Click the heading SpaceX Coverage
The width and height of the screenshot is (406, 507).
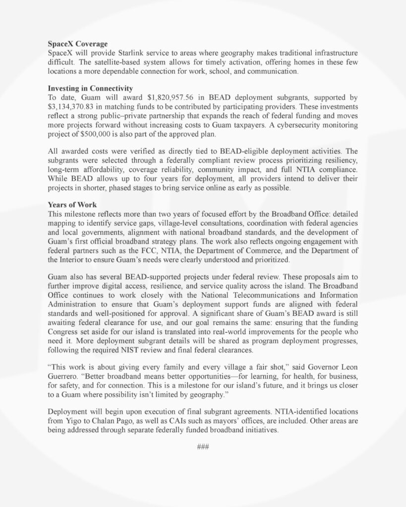(x=77, y=44)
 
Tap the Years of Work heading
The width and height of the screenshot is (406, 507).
(x=72, y=204)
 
